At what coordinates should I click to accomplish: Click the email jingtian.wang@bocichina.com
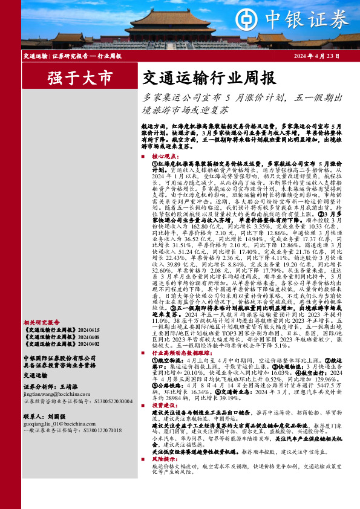pos(57,393)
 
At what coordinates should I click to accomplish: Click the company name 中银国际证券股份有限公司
pos(60,357)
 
